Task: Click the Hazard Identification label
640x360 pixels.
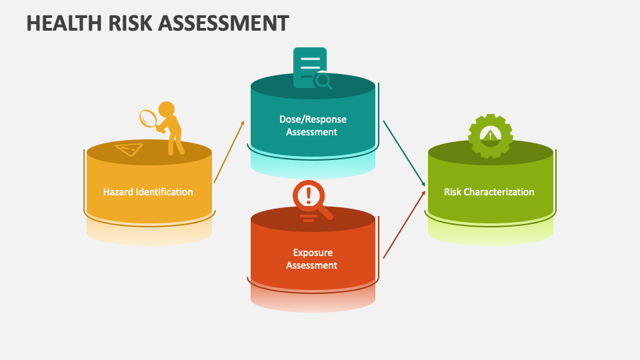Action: [148, 192]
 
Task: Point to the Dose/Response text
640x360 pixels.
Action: [313, 119]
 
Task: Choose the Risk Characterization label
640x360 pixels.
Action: [489, 192]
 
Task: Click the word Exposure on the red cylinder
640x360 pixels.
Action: [313, 253]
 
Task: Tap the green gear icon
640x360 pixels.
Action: [491, 136]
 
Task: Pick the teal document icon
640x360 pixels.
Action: [309, 67]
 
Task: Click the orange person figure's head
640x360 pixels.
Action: [166, 109]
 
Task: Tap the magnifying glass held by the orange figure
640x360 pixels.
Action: [149, 119]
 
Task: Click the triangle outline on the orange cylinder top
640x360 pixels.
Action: [129, 149]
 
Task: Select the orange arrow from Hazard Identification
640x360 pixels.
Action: [229, 152]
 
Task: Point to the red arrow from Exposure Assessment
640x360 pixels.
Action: [404, 225]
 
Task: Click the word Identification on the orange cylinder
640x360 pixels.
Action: [164, 192]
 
